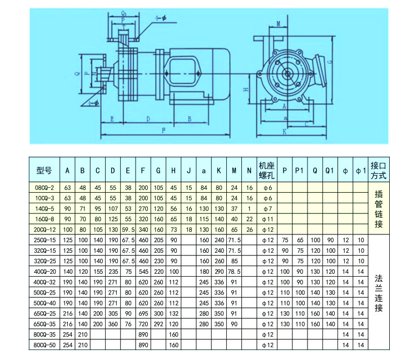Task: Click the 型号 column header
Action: coord(44,171)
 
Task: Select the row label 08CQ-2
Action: coord(44,188)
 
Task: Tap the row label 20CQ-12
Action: coord(44,229)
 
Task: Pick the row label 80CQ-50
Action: coord(44,344)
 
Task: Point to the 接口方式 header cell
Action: coord(378,171)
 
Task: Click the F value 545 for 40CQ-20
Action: coord(143,271)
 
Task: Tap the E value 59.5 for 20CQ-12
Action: coord(128,229)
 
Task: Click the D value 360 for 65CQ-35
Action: coord(113,323)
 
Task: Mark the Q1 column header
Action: coord(329,171)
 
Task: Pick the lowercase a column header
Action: coord(203,171)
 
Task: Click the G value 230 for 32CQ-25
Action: coord(159,261)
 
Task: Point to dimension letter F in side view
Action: coord(162,131)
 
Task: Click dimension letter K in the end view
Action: coord(285,132)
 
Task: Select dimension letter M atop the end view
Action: coord(277,23)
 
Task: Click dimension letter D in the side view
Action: coord(148,118)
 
